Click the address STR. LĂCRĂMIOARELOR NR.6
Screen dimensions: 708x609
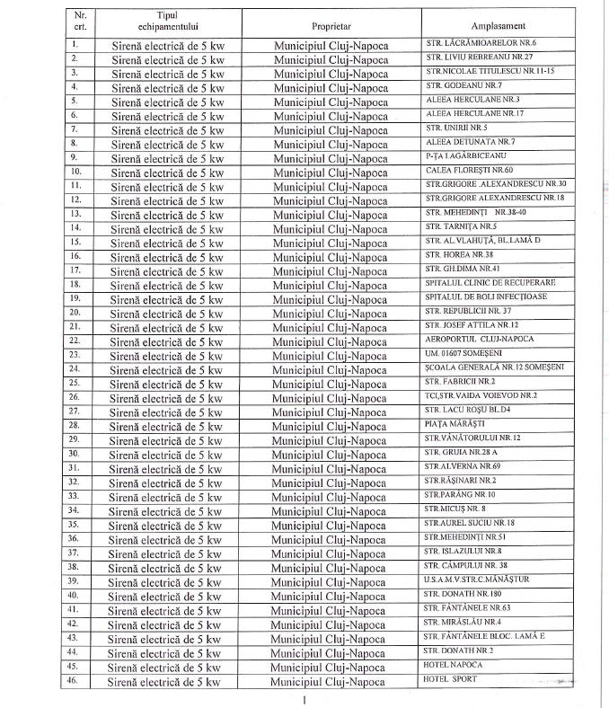point(480,43)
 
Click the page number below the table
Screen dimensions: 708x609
point(305,698)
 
